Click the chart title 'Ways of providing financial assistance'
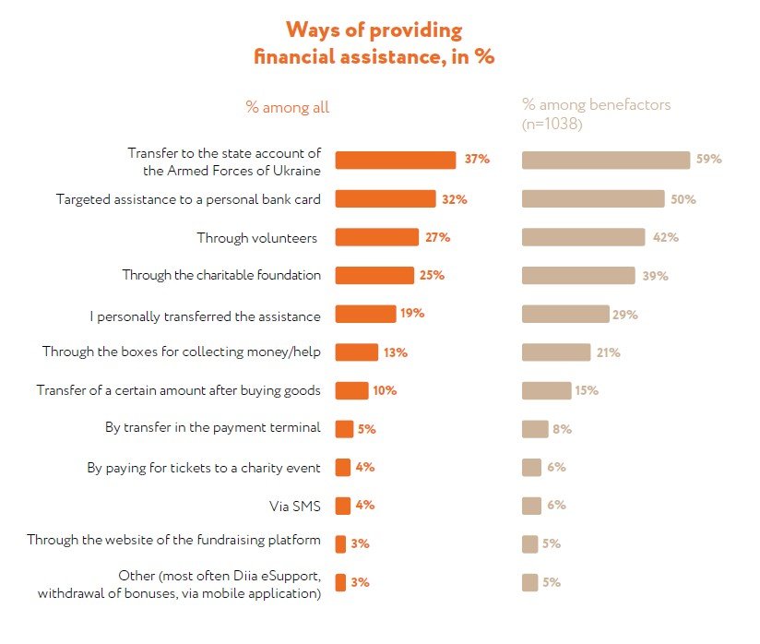click(x=374, y=43)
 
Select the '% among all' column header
click(x=287, y=108)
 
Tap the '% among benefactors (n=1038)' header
click(x=596, y=113)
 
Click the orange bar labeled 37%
click(x=395, y=160)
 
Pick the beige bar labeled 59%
click(x=605, y=160)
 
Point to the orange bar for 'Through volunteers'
click(x=376, y=237)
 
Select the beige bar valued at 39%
click(x=578, y=275)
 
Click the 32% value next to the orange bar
click(x=455, y=199)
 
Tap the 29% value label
click(x=624, y=315)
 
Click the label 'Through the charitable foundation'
click(x=221, y=275)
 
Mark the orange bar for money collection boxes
click(x=356, y=352)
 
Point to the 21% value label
click(x=608, y=352)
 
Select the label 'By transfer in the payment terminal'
click(x=214, y=428)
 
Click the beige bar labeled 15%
click(x=546, y=390)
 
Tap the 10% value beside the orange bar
click(x=385, y=390)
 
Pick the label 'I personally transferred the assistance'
click(x=205, y=315)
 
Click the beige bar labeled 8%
click(x=535, y=428)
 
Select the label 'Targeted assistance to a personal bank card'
click(x=188, y=199)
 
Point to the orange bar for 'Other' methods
click(x=340, y=582)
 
